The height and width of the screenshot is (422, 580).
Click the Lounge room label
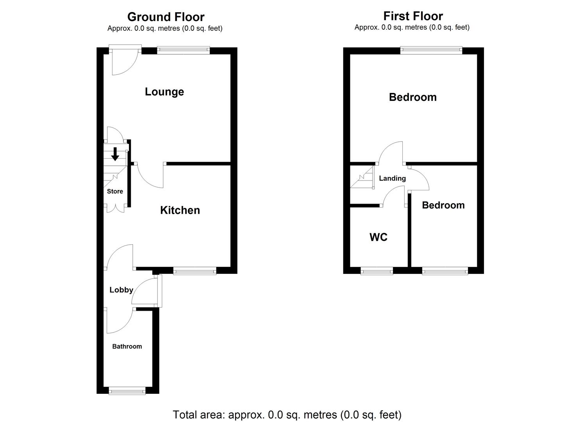pyautogui.click(x=164, y=92)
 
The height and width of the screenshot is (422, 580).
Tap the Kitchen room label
pyautogui.click(x=180, y=210)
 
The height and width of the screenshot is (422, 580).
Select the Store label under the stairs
pyautogui.click(x=115, y=191)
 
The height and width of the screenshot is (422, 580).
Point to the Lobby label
pyautogui.click(x=121, y=290)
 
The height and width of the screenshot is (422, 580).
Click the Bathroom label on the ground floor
pyautogui.click(x=127, y=347)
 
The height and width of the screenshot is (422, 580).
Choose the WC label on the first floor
pyautogui.click(x=378, y=237)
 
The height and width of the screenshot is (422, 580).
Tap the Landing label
pyautogui.click(x=392, y=179)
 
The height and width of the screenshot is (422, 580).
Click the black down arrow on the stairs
pyautogui.click(x=115, y=154)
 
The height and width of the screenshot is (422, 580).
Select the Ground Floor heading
pyautogui.click(x=166, y=17)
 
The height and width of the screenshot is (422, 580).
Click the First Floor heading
pyautogui.click(x=413, y=16)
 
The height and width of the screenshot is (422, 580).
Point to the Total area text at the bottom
pyautogui.click(x=287, y=415)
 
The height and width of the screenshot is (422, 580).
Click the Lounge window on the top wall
pyautogui.click(x=183, y=50)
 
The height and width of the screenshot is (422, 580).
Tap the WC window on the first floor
pyautogui.click(x=377, y=270)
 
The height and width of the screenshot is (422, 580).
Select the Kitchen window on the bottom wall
pyautogui.click(x=195, y=270)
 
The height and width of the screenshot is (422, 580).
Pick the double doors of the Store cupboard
pyautogui.click(x=115, y=208)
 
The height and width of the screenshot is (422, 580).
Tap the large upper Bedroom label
pyautogui.click(x=412, y=97)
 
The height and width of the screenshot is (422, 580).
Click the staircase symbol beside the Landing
pyautogui.click(x=362, y=178)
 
